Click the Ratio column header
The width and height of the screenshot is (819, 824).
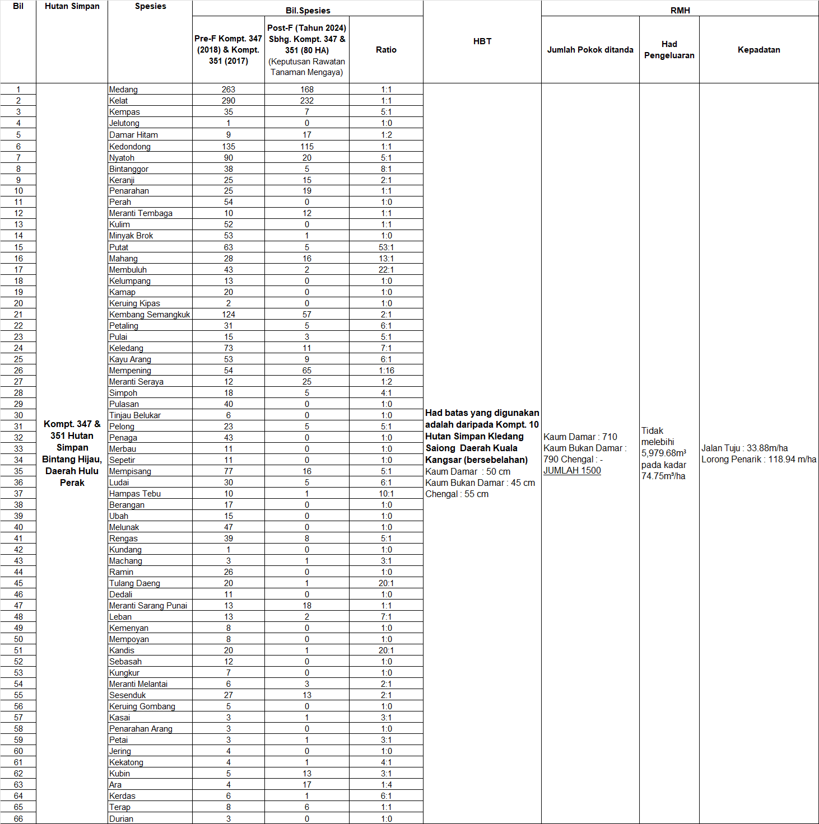coord(386,50)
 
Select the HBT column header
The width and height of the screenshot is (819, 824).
coord(482,41)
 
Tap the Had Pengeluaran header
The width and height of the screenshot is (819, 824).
coord(669,50)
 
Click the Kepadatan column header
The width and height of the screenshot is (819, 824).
coord(758,50)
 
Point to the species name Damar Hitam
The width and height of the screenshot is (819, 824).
coord(133,135)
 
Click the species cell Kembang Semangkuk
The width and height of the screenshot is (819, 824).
coord(150,315)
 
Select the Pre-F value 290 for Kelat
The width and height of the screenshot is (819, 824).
coord(228,101)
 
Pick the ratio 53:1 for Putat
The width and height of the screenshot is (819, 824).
coord(386,247)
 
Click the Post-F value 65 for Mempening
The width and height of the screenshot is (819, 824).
coord(306,371)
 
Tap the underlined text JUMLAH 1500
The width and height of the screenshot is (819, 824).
coord(572,471)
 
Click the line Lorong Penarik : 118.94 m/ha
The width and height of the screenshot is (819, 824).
coord(758,460)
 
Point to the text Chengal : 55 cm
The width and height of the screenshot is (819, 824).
coord(457,494)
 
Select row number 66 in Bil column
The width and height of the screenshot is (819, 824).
coord(18,818)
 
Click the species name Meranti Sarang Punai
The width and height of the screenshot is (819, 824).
coord(148,606)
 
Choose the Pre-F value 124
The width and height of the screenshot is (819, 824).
coord(228,315)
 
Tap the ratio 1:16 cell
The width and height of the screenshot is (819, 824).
coord(386,371)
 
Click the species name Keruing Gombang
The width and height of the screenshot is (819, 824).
coord(142,706)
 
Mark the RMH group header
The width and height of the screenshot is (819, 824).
coord(680,10)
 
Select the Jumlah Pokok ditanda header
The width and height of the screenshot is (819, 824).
coord(590,50)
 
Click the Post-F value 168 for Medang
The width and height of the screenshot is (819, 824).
coord(306,90)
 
